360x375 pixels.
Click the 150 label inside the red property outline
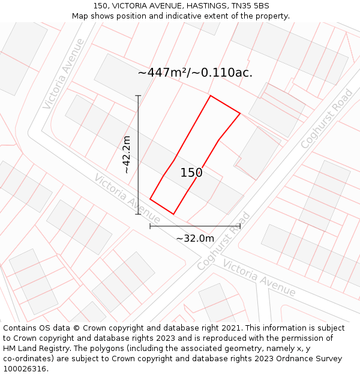click(191, 173)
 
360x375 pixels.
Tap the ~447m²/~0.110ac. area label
click(195, 73)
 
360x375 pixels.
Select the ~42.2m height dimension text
click(127, 155)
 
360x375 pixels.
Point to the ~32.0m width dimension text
click(195, 238)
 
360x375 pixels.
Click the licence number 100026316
click(26, 369)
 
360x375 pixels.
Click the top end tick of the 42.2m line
click(138, 95)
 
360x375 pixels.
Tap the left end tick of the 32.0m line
click(150, 226)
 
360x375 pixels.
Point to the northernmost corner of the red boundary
click(210, 95)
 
